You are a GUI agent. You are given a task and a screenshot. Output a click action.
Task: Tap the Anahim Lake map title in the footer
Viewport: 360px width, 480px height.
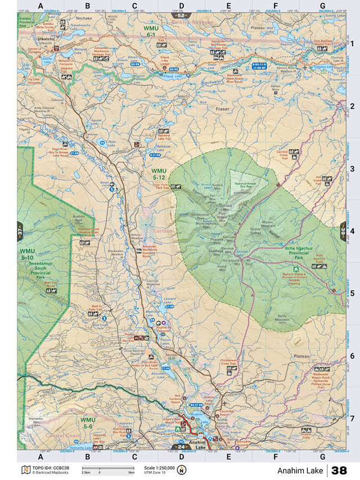pyautogui.click(x=300, y=470)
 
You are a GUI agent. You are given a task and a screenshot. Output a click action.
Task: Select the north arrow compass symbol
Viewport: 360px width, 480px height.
pyautogui.click(x=181, y=470)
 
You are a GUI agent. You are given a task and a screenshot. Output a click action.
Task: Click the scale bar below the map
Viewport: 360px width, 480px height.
pyautogui.click(x=107, y=469)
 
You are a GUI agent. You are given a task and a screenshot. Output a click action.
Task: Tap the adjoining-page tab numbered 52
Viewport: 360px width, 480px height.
pyautogui.click(x=181, y=16)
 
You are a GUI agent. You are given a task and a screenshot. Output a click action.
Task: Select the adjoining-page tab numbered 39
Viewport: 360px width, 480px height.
pyautogui.click(x=343, y=231)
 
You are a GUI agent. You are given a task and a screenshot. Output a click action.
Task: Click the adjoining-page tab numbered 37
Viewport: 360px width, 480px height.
pyautogui.click(x=20, y=231)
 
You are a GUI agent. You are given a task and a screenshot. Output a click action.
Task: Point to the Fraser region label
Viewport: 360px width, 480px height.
pyautogui.click(x=223, y=109)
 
